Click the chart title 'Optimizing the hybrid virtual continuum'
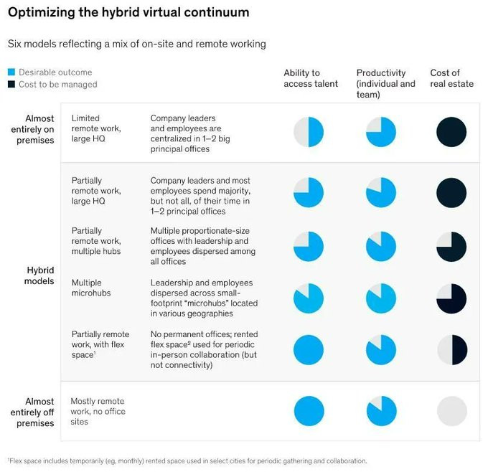pos(128,13)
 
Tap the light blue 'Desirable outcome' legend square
pos(11,72)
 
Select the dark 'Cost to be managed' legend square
pos(11,85)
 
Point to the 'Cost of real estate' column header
pos(451,78)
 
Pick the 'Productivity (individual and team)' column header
pos(385,83)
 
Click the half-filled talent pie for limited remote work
pos(309,133)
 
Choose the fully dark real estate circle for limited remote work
pos(451,133)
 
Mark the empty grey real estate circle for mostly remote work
pos(451,411)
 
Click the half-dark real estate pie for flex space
pos(451,350)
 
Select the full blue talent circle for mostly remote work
pos(309,411)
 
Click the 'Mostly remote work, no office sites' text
pos(98,412)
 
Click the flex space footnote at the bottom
pos(187,461)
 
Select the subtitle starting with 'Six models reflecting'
pos(136,44)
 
